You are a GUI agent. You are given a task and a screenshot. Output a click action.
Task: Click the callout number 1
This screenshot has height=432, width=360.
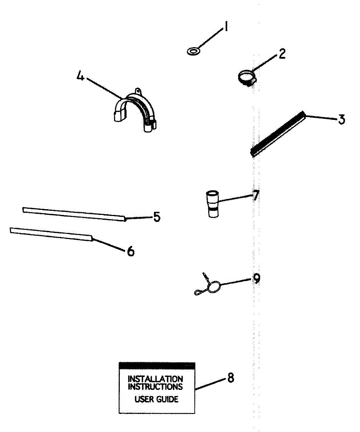226,27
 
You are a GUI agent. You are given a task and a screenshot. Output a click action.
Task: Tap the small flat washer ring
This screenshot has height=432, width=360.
194,51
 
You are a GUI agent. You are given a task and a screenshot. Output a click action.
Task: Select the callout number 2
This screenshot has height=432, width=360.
282,54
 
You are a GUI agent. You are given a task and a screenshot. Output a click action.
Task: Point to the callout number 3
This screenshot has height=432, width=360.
341,119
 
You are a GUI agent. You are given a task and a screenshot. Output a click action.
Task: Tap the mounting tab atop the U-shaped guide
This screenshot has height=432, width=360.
138,90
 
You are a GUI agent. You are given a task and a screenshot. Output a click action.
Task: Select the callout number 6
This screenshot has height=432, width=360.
131,251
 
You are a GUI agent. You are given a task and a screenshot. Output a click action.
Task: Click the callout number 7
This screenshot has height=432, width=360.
256,195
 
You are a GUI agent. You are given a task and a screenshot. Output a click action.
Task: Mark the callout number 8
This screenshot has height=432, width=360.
230,378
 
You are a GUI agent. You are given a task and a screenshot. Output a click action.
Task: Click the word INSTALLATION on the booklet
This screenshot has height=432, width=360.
155,379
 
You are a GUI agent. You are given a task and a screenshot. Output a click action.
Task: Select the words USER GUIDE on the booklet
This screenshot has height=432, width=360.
156,399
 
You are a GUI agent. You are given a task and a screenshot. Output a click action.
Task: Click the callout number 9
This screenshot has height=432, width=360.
256,279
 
